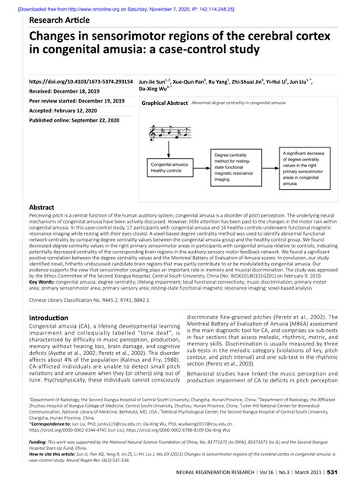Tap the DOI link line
point(81,80)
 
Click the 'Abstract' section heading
point(41,207)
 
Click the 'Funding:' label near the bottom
point(39,441)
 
